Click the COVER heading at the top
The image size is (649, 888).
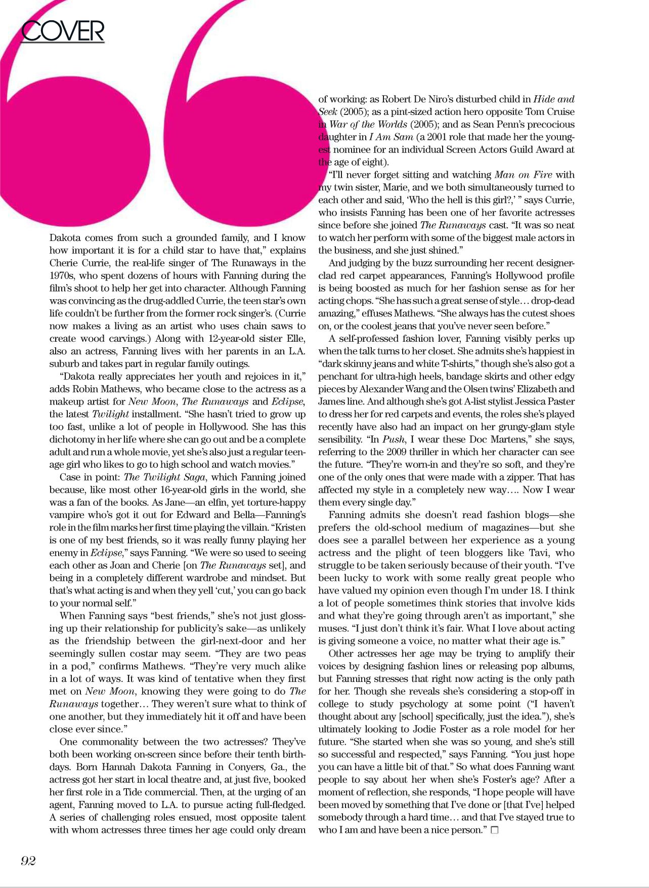click(63, 31)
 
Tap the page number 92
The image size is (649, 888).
click(28, 861)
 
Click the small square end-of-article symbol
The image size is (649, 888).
click(495, 830)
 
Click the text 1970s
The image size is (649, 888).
click(62, 275)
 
